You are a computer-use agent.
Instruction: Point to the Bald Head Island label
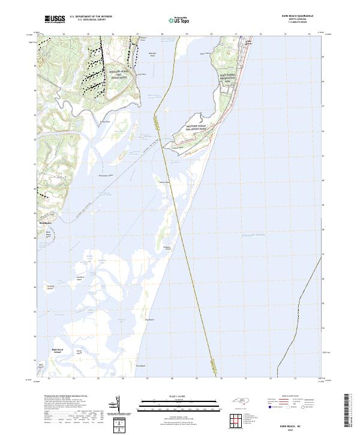click(x=49, y=348)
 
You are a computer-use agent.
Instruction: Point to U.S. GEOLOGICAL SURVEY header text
click(x=91, y=20)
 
